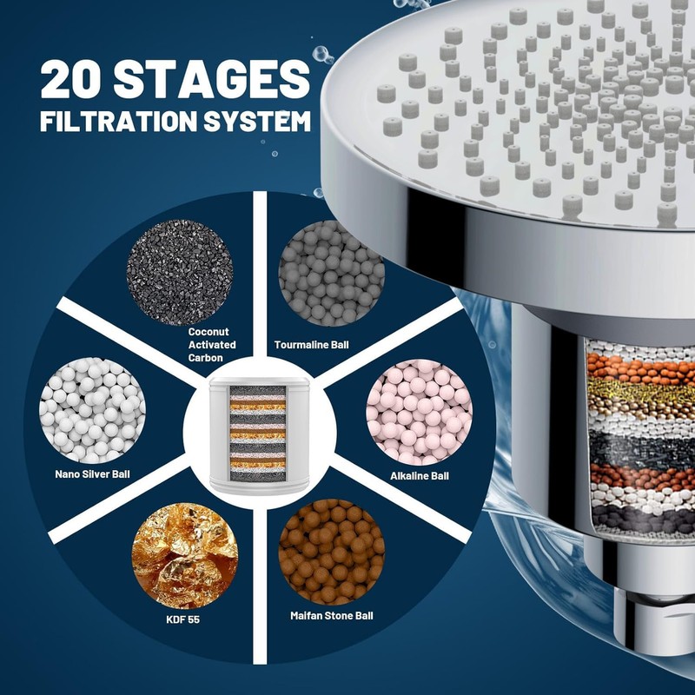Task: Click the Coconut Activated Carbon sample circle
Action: pyautogui.click(x=180, y=261)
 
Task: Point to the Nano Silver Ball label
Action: pyautogui.click(x=92, y=474)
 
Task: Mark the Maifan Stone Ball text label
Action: pyautogui.click(x=332, y=615)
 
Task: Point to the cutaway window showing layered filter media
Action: pyautogui.click(x=634, y=443)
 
